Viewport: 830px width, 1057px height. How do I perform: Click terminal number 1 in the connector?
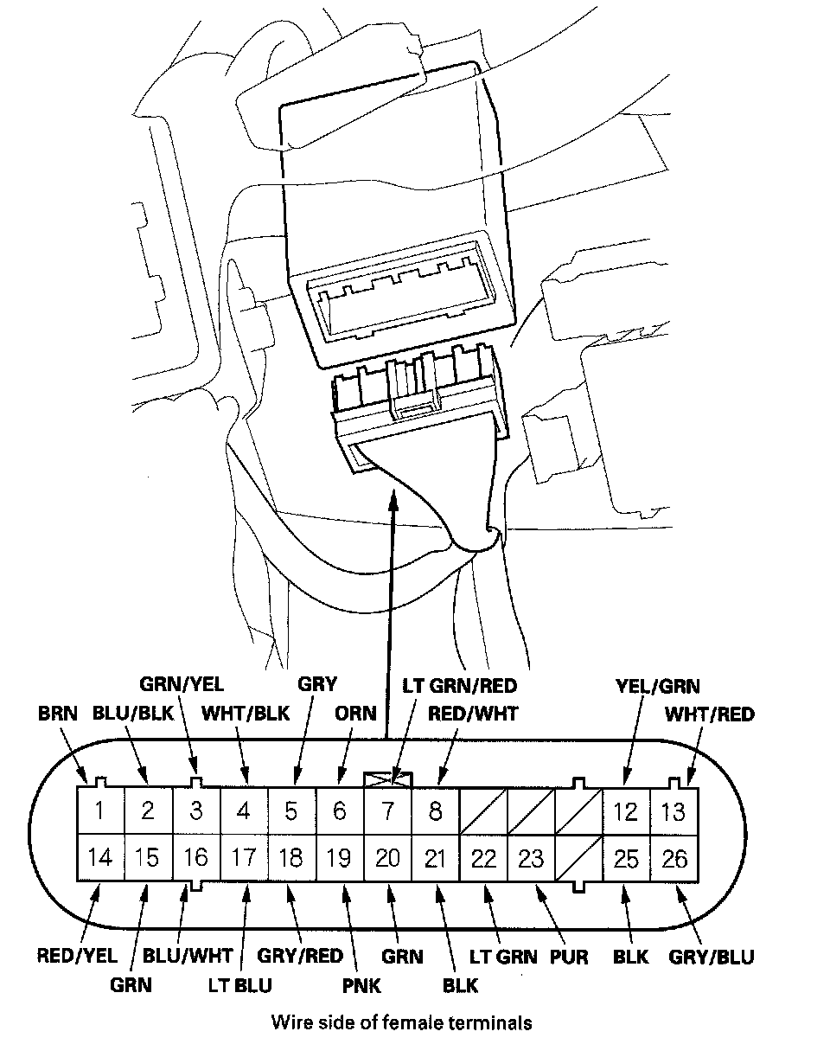pos(100,811)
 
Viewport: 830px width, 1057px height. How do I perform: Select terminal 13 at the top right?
pos(674,811)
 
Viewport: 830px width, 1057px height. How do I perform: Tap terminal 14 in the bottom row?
pos(100,857)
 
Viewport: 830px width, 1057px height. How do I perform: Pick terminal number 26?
pos(674,857)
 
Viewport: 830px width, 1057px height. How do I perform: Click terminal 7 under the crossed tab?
pos(388,811)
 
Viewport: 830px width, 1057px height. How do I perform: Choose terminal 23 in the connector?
pos(530,857)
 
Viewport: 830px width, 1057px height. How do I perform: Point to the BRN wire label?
pos(58,714)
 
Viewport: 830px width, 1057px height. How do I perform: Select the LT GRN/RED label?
pos(459,686)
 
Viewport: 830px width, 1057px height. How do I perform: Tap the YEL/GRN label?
pos(657,686)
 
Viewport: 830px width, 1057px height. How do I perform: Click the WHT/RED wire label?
pos(709,714)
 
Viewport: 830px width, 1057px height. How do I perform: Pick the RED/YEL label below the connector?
pos(76,956)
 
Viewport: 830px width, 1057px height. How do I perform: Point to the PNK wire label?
pos(361,984)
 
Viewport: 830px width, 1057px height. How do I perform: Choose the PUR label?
pos(568,956)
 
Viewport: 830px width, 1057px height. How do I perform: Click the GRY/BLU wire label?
pos(712,956)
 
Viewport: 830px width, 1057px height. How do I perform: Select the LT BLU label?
pos(239,984)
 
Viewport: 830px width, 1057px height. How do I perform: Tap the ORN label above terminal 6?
pos(356,714)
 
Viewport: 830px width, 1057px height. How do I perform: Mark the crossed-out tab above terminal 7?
pos(388,778)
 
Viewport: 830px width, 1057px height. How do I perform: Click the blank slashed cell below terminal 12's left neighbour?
pos(578,857)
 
